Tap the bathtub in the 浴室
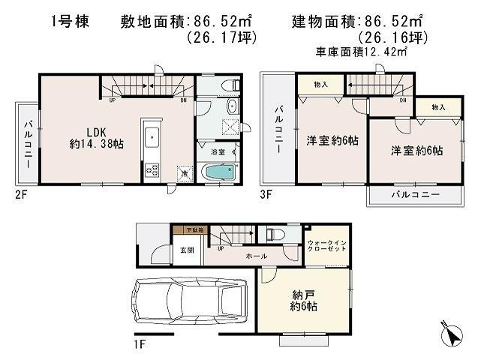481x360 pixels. (x=218, y=173)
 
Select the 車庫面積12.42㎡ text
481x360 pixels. (x=361, y=52)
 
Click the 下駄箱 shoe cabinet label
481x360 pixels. (x=185, y=231)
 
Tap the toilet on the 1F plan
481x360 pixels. (x=272, y=234)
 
